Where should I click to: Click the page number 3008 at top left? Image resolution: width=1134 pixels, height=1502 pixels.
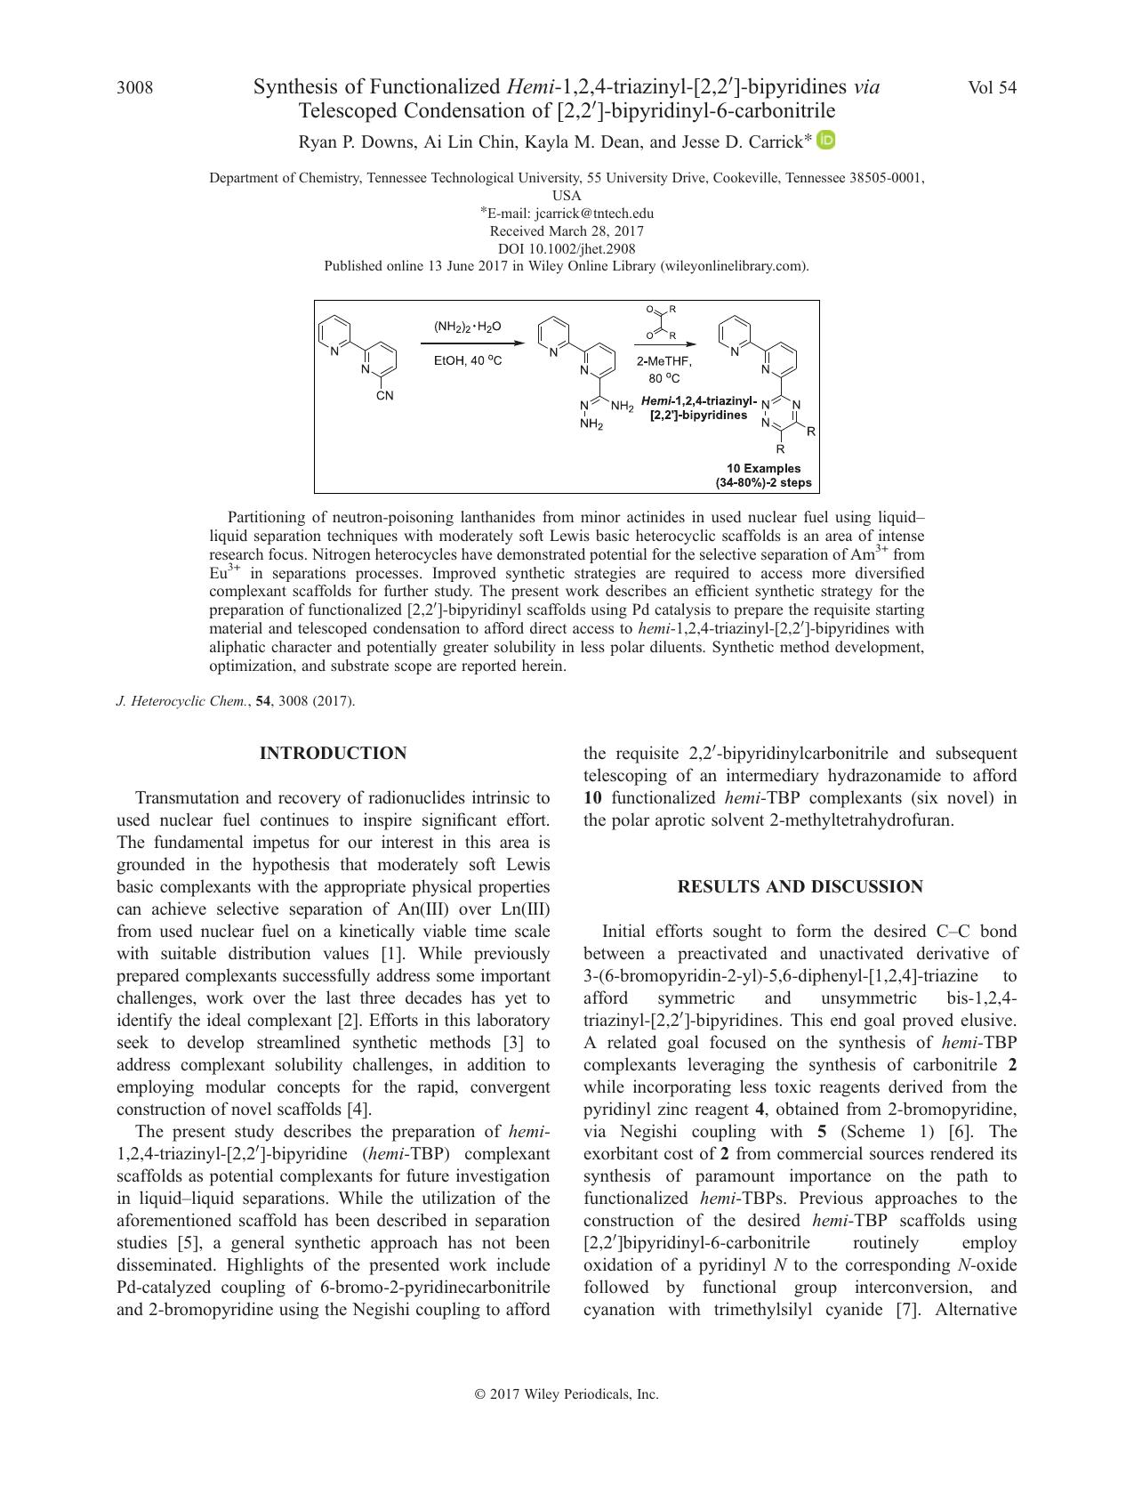click(x=134, y=88)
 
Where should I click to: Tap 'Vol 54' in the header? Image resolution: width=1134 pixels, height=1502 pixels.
click(x=992, y=88)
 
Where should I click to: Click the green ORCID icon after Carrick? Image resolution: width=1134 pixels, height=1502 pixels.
click(x=826, y=140)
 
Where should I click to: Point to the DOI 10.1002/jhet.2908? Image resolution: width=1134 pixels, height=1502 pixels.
click(x=567, y=249)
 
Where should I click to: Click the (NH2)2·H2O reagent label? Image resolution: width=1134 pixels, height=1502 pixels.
click(x=467, y=327)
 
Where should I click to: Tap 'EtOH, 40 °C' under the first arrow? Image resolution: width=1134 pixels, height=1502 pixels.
click(x=467, y=361)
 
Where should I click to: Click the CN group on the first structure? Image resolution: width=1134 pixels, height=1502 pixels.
click(x=384, y=395)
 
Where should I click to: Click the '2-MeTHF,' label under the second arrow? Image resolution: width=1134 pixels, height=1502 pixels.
click(x=664, y=361)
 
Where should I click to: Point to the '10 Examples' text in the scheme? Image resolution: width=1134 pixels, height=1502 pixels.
click(x=763, y=468)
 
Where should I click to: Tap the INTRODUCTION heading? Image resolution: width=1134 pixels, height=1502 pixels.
click(x=333, y=754)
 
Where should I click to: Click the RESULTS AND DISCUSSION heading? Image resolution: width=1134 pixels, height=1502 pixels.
click(x=800, y=887)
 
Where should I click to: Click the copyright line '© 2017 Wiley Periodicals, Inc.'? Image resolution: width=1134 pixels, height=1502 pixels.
click(x=567, y=1394)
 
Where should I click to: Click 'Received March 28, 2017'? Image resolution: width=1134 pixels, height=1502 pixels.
click(x=567, y=231)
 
